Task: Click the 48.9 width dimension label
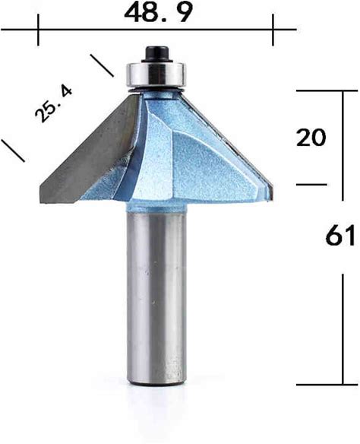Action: (x=159, y=12)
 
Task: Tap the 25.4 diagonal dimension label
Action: (x=53, y=104)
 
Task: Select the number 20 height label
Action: (x=311, y=138)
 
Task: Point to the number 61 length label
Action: (x=340, y=236)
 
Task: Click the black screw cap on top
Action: (x=156, y=54)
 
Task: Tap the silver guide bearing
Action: (x=156, y=75)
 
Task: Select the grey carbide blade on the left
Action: (x=87, y=150)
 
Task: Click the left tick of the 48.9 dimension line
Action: (x=38, y=30)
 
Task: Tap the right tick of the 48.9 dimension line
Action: (x=273, y=30)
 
